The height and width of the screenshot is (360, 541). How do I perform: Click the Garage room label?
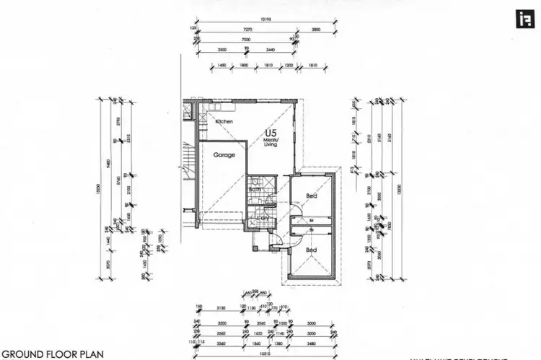click(x=224, y=154)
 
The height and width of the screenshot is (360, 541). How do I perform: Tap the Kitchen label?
click(x=224, y=122)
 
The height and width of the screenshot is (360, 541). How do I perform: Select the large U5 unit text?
click(x=270, y=133)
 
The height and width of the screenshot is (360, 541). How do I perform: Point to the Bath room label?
click(x=254, y=190)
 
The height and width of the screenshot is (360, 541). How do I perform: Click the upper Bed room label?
click(x=311, y=196)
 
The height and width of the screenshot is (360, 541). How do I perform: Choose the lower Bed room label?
click(x=311, y=250)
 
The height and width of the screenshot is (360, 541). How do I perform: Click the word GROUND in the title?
click(x=25, y=354)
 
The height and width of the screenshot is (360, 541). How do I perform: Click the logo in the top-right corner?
click(x=520, y=19)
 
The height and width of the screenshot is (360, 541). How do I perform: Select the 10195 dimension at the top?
click(x=266, y=20)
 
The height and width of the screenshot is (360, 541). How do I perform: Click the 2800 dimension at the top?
click(x=315, y=29)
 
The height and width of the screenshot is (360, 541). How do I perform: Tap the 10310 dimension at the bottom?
click(x=266, y=354)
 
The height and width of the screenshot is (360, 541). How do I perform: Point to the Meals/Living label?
click(x=271, y=142)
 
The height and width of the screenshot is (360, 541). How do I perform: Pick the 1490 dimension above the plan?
click(x=222, y=65)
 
